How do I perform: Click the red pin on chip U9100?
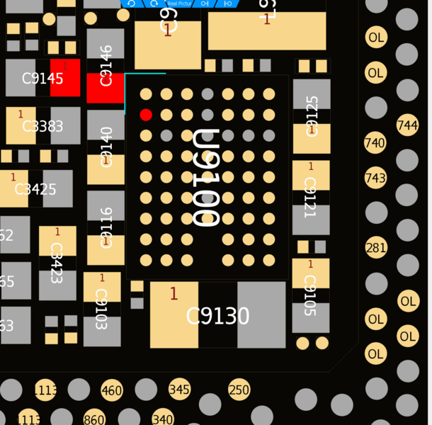click(146, 115)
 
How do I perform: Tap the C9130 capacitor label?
click(217, 316)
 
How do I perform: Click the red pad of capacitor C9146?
click(106, 88)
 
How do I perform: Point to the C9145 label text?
click(42, 79)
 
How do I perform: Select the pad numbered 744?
click(407, 126)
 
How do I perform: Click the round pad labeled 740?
click(375, 143)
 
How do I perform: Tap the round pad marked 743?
click(375, 178)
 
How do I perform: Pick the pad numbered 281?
click(375, 248)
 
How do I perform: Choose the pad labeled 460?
click(111, 390)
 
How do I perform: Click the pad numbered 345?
click(180, 389)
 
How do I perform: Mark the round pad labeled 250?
click(239, 389)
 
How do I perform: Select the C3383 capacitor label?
click(42, 127)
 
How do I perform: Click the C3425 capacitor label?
click(35, 189)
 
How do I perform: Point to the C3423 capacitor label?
click(57, 262)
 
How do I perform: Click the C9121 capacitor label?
click(310, 198)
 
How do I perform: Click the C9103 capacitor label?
click(101, 310)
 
